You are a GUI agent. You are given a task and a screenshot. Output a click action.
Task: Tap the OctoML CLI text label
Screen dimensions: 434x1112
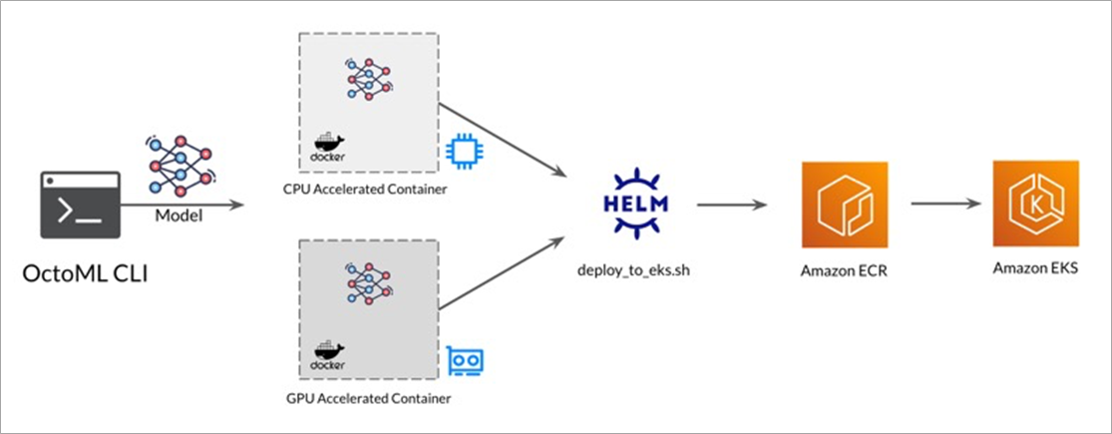[x=85, y=272]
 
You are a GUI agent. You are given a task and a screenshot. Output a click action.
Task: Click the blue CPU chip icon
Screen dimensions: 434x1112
[x=462, y=152]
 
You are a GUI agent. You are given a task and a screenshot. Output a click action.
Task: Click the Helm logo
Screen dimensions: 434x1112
[x=636, y=203]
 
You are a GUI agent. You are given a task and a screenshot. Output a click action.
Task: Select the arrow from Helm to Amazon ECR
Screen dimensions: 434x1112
[x=731, y=206]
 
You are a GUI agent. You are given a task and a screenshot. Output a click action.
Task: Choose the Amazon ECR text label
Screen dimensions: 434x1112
[x=845, y=271]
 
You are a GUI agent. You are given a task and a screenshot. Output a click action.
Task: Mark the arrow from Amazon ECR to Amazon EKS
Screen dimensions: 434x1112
[x=943, y=204]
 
